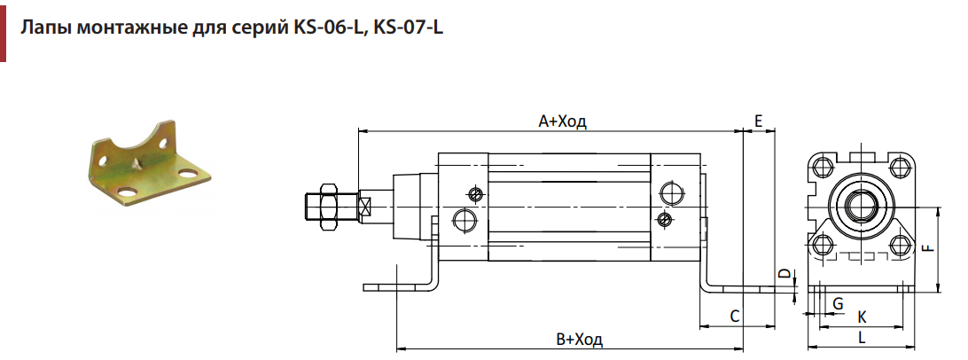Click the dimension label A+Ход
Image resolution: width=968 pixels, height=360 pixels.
tap(562, 121)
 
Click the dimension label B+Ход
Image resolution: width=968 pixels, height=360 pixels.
tap(579, 339)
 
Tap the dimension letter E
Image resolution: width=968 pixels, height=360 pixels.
tap(759, 121)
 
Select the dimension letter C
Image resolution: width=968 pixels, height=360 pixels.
tap(735, 317)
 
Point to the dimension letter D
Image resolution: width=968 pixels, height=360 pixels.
tap(784, 273)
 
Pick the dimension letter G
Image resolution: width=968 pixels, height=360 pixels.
tap(838, 303)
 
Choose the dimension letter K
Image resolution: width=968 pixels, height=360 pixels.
tap(863, 317)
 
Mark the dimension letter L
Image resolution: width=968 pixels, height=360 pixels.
tap(862, 338)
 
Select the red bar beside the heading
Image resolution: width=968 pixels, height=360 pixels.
tap(3, 31)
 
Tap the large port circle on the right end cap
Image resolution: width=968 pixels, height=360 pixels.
tap(671, 192)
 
